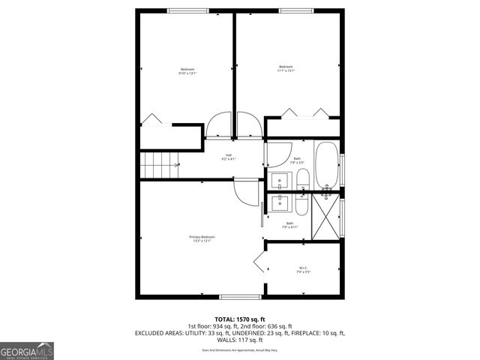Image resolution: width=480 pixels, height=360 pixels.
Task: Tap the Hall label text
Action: tap(228, 157)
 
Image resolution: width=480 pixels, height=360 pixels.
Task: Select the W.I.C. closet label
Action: tap(303, 270)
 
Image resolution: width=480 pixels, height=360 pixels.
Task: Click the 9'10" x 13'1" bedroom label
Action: tap(187, 71)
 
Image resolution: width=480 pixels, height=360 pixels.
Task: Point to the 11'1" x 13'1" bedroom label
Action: tap(286, 68)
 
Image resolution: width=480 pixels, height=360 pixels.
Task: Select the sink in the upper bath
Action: tap(279, 181)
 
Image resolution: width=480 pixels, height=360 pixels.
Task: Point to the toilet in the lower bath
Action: tap(301, 204)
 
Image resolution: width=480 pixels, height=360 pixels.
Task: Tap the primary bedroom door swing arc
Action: tap(246, 194)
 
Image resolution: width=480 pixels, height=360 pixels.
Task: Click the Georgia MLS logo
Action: tap(27, 350)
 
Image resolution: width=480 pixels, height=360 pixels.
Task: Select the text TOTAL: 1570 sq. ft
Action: tap(239, 319)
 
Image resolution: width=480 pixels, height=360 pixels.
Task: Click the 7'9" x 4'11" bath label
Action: tap(290, 225)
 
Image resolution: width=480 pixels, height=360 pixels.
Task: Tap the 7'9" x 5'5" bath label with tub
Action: tap(297, 160)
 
